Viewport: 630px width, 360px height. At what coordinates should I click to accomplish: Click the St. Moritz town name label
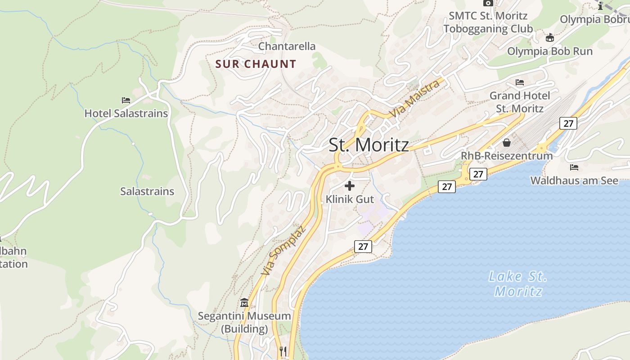[x=369, y=145]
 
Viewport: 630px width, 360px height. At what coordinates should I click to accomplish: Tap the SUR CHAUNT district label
[x=256, y=64]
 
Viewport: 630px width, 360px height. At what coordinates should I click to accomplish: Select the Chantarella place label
[x=287, y=46]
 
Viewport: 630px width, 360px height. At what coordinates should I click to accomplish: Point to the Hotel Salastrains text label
[x=126, y=113]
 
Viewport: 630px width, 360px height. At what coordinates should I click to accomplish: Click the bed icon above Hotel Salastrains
[x=126, y=100]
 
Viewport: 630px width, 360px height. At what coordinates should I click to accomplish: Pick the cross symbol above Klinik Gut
[x=349, y=185]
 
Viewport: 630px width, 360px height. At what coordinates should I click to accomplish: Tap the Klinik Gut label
[x=350, y=199]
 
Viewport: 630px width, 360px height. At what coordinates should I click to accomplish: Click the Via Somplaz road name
[x=283, y=250]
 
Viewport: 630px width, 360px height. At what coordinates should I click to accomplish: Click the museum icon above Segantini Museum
[x=244, y=302]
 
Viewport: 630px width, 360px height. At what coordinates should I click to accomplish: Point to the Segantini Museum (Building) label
[x=244, y=322]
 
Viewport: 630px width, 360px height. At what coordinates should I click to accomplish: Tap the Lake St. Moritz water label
[x=517, y=283]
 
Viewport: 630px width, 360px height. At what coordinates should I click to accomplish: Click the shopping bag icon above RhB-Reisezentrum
[x=507, y=143]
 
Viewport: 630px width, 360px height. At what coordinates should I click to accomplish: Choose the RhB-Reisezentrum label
[x=507, y=156]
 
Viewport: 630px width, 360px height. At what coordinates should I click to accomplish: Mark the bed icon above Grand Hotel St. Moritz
[x=520, y=82]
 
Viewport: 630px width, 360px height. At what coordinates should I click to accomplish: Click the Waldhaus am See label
[x=574, y=180]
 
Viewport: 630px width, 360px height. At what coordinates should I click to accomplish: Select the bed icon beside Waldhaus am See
[x=574, y=167]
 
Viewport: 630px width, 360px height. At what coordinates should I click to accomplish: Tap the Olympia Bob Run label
[x=550, y=51]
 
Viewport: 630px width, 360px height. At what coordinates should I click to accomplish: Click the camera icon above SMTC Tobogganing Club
[x=488, y=3]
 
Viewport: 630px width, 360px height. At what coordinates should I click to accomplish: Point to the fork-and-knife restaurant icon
[x=283, y=351]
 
